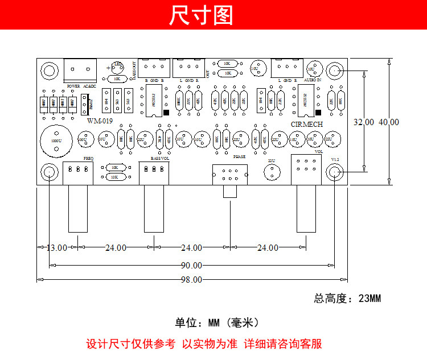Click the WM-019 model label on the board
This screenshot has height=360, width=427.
tap(100, 121)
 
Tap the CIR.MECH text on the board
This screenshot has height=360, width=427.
tap(307, 123)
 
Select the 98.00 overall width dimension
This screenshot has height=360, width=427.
tap(191, 279)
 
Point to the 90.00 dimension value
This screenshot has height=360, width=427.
tap(191, 265)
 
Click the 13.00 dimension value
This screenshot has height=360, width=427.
tap(57, 248)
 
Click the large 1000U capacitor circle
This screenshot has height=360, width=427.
tap(56, 139)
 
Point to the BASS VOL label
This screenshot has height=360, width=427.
tap(160, 158)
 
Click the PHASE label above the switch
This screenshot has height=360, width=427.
tap(240, 155)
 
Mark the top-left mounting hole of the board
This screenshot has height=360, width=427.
tap(50, 71)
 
